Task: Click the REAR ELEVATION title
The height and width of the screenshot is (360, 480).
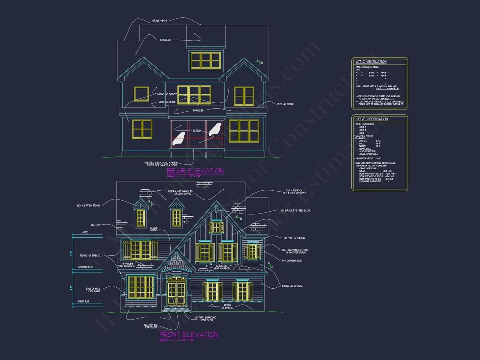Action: click(195, 171)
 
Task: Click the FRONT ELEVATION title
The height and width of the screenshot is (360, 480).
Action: click(189, 334)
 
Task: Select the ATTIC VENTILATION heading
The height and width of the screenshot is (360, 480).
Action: click(371, 61)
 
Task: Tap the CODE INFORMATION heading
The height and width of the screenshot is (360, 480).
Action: click(372, 119)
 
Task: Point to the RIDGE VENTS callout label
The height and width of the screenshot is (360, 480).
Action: click(160, 21)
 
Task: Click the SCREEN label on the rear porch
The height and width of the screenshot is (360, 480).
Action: click(197, 131)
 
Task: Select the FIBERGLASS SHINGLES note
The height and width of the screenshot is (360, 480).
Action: click(180, 193)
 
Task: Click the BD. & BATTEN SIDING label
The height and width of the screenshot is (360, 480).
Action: click(89, 205)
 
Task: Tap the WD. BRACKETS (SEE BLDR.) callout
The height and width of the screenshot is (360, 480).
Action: click(296, 211)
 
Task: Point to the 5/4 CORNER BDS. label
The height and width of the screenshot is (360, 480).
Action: click(292, 260)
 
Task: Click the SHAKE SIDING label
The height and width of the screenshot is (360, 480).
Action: click(154, 229)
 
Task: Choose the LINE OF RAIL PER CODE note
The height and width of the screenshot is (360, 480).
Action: click(93, 290)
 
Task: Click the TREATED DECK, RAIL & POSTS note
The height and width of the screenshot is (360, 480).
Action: click(161, 164)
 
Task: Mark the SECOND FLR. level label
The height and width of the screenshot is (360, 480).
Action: click(85, 267)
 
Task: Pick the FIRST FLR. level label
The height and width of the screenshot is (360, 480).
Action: click(84, 301)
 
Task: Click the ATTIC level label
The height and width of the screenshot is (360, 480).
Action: click(85, 232)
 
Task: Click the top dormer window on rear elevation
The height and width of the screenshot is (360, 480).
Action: click(206, 60)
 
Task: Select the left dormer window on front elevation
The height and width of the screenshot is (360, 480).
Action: click(141, 218)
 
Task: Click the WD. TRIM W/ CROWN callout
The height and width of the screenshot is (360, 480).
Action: click(294, 238)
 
